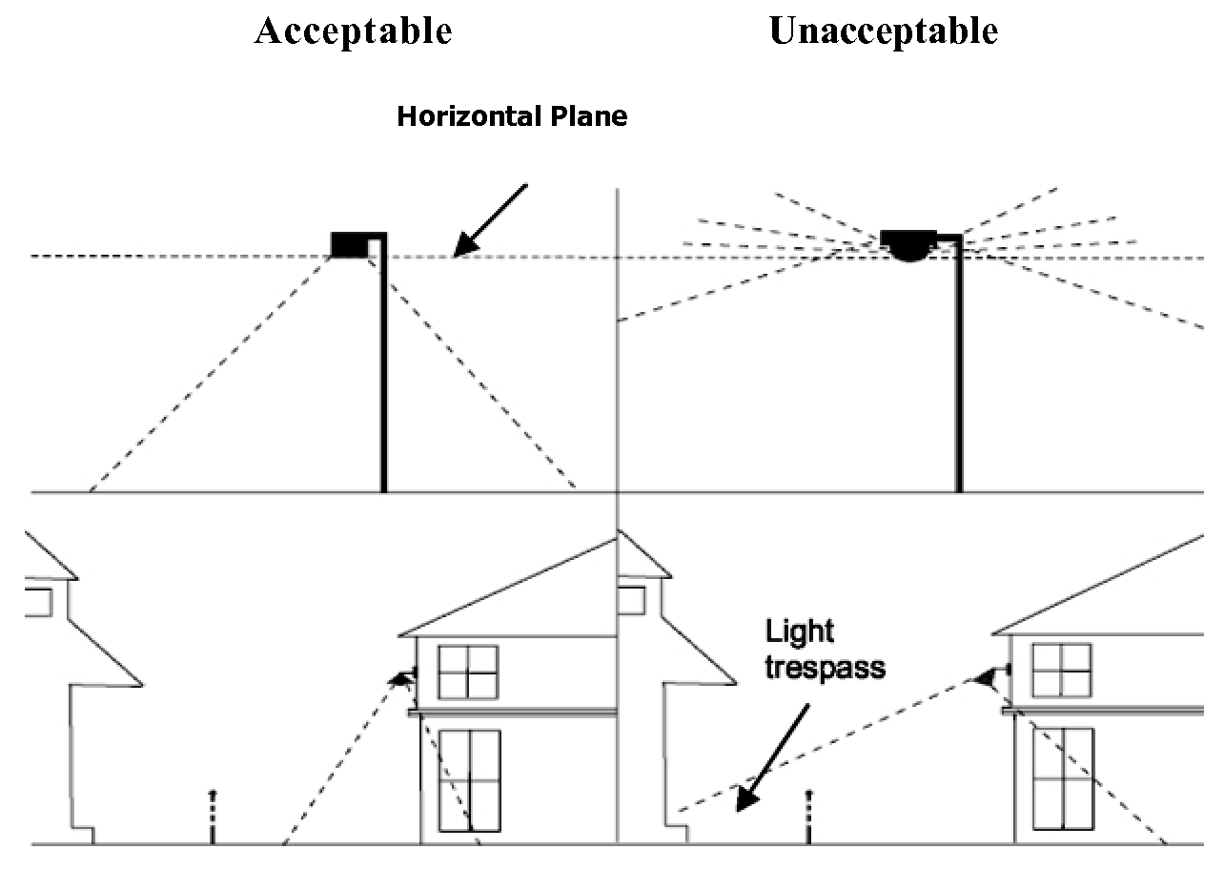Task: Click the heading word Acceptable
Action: click(353, 31)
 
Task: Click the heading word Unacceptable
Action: click(883, 31)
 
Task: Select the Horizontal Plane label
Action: click(512, 117)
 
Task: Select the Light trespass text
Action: click(825, 648)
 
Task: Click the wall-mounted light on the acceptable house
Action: click(405, 677)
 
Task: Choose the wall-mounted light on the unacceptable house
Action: click(992, 676)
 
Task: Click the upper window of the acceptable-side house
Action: click(468, 672)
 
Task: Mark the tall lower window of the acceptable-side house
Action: click(469, 780)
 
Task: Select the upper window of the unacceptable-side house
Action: click(1062, 670)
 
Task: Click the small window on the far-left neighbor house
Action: click(38, 602)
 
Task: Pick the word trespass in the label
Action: click(825, 666)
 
